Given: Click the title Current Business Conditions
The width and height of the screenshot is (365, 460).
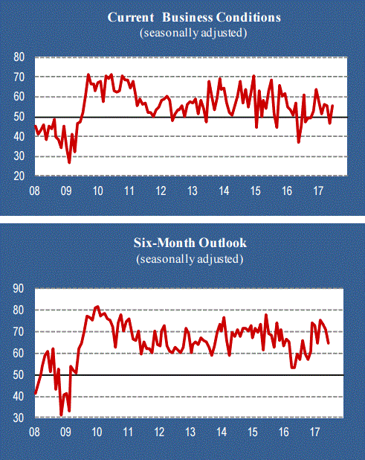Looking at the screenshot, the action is [x=194, y=17].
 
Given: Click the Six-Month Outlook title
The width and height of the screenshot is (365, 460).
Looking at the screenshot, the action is [x=190, y=243].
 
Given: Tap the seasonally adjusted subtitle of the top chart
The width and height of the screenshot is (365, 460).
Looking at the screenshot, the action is [x=193, y=33].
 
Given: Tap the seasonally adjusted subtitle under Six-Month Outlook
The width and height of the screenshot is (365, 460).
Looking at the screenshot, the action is [x=190, y=259].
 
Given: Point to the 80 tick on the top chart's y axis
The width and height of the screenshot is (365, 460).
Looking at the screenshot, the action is [x=19, y=57].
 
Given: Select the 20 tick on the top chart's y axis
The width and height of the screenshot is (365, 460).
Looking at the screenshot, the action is [x=19, y=176].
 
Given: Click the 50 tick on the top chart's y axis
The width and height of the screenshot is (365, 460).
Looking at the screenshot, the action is [x=19, y=117].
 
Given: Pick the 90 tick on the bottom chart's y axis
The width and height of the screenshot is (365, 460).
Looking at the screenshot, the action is [x=19, y=289].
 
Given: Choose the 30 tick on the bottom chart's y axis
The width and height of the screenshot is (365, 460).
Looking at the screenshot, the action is [x=19, y=418].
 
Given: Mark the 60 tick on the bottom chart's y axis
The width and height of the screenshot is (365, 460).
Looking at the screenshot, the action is [x=19, y=354].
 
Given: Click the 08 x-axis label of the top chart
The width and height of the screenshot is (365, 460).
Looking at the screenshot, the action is [x=34, y=191].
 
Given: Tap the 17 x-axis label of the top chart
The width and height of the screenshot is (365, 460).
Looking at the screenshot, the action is [x=318, y=191].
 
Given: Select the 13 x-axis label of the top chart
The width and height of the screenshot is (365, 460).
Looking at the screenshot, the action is [x=193, y=191].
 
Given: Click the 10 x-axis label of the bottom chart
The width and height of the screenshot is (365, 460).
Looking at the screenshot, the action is [x=97, y=432].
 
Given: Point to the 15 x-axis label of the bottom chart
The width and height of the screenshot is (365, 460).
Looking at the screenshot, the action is [x=253, y=432].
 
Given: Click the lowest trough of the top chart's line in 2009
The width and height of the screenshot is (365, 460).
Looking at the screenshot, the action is [x=69, y=162].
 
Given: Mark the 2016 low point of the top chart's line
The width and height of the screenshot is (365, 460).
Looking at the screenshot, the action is [x=299, y=142].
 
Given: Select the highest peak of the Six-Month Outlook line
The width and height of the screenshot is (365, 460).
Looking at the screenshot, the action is [x=97, y=307].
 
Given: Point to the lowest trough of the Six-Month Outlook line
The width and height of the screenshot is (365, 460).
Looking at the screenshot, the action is [x=61, y=415].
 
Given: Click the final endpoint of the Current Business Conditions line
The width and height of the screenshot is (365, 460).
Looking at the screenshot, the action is [x=332, y=105].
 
